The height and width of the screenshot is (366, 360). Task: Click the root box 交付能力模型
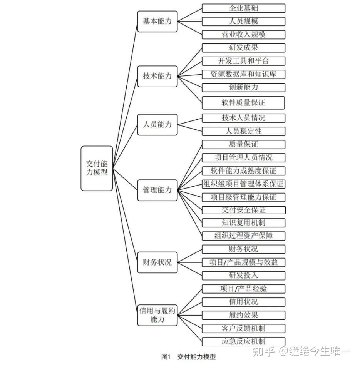(97, 168)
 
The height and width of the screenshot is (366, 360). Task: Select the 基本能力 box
(157, 22)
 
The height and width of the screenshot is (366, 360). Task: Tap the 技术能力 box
(157, 76)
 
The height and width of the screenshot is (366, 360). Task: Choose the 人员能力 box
(157, 125)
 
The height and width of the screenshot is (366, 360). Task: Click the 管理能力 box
(157, 190)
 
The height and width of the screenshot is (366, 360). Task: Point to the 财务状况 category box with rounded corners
(157, 262)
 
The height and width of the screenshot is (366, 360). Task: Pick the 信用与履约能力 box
(157, 315)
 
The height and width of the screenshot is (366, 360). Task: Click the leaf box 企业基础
(243, 8)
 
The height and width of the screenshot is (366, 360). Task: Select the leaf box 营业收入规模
(243, 35)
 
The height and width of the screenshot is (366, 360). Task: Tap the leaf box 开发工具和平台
(243, 61)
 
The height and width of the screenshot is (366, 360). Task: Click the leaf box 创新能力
(243, 87)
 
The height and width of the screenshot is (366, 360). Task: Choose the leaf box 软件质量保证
(243, 103)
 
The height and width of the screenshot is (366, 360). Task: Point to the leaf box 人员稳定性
(243, 131)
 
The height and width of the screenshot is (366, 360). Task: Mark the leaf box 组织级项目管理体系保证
(243, 184)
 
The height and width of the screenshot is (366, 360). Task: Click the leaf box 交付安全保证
(243, 210)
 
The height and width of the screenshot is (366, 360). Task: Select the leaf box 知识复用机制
(243, 223)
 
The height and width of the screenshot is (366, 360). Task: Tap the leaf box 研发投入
(243, 276)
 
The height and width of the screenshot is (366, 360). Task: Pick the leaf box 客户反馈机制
(243, 328)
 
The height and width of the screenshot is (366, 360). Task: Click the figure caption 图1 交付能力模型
(188, 357)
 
